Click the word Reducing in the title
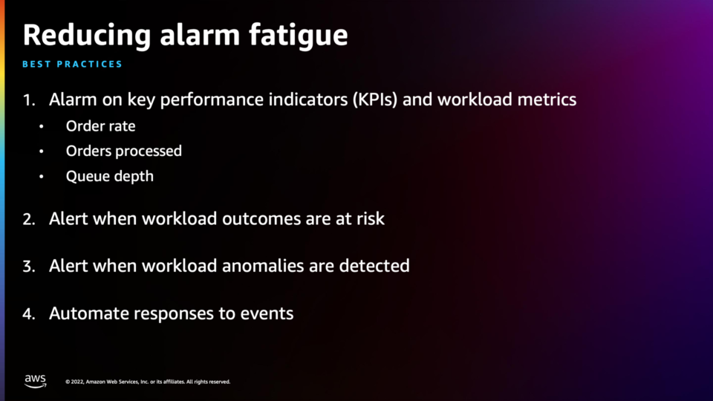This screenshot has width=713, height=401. pos(87,36)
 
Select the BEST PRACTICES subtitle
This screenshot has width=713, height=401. pos(72,64)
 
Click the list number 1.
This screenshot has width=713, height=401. pos(29,100)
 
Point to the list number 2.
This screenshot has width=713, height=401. pos(29,219)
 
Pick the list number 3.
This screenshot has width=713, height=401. pos(29,267)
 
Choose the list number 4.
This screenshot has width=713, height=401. pos(29,313)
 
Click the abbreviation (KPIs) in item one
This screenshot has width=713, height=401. pos(375,100)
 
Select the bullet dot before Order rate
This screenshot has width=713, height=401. pos(42,126)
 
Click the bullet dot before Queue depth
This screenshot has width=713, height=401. pos(42,177)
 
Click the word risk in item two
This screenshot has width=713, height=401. pos(370,218)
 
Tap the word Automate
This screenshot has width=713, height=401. pos(89,313)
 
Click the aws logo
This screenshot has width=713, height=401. pos(36,381)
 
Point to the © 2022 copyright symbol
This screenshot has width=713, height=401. pos(68,382)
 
